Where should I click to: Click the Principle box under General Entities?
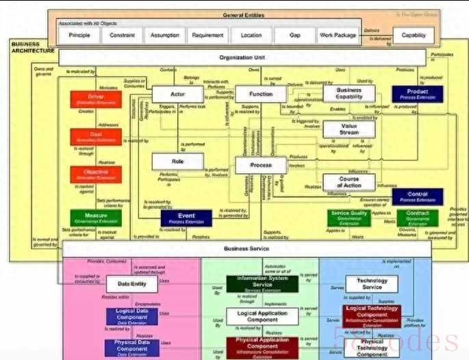79,35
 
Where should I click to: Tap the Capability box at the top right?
413,35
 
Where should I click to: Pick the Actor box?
178,94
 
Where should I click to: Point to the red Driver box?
96,100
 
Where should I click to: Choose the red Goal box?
96,137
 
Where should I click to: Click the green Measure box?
96,218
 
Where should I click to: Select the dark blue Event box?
186,218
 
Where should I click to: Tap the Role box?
178,162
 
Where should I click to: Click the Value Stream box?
348,129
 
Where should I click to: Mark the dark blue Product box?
418,94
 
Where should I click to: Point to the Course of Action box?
348,182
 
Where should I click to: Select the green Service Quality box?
349,217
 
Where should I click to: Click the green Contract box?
418,217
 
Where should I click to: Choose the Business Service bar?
246,249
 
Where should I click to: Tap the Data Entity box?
131,284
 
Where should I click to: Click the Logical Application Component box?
262,316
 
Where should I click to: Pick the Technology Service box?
372,284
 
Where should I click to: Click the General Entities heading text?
244,15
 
